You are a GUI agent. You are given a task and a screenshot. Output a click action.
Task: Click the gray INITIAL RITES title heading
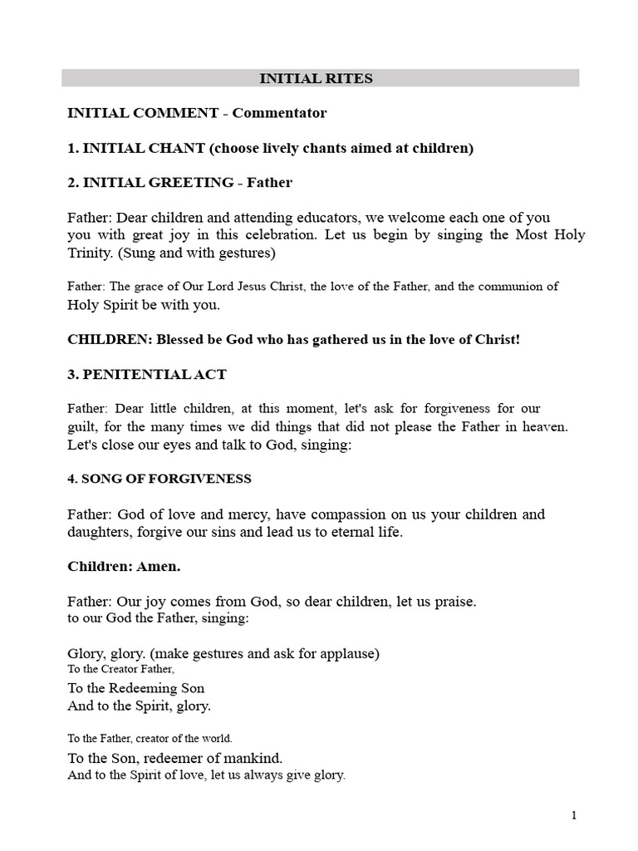[317, 79]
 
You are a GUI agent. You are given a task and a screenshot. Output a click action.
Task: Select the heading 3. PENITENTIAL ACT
[146, 375]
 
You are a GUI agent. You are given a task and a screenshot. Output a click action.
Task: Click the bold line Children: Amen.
[124, 566]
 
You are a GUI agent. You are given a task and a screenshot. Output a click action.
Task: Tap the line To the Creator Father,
[121, 669]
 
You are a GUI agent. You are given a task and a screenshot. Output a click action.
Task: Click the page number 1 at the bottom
[574, 815]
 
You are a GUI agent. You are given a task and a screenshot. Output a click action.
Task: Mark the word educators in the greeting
[323, 217]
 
